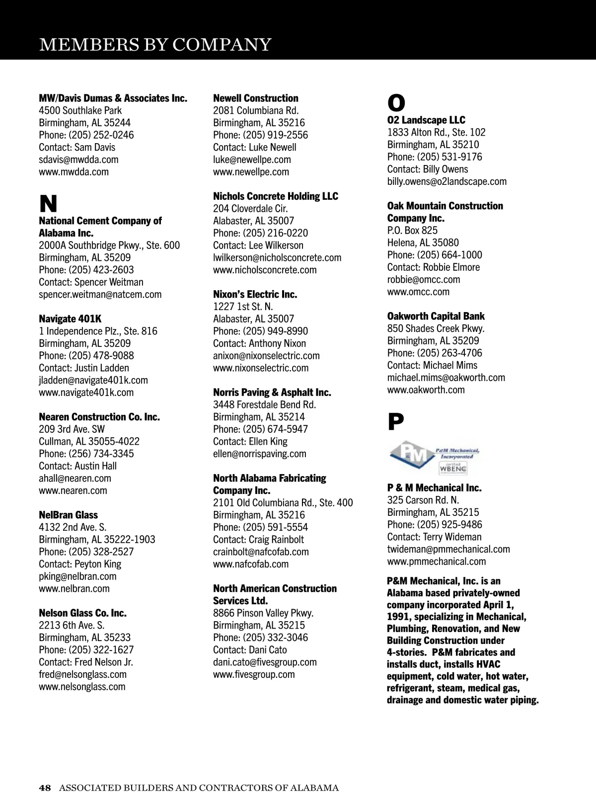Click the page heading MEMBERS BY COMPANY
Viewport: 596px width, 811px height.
155,45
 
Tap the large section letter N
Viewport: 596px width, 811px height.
48,204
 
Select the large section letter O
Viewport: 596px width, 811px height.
396,103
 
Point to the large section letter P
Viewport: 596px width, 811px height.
395,422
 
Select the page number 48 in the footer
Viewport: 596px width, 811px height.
45,788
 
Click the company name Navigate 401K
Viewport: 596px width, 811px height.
70,319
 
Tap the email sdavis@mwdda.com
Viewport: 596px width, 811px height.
78,160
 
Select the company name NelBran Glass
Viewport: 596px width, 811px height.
68,515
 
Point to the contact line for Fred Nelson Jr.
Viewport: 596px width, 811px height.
86,662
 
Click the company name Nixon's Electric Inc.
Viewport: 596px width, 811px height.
255,294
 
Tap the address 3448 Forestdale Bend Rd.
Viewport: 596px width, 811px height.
264,405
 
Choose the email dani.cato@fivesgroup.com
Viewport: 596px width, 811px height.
265,662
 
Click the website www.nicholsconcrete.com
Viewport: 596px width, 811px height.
265,270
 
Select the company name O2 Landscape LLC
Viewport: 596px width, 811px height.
426,120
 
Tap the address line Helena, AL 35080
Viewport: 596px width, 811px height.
423,243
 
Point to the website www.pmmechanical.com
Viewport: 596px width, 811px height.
436,562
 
